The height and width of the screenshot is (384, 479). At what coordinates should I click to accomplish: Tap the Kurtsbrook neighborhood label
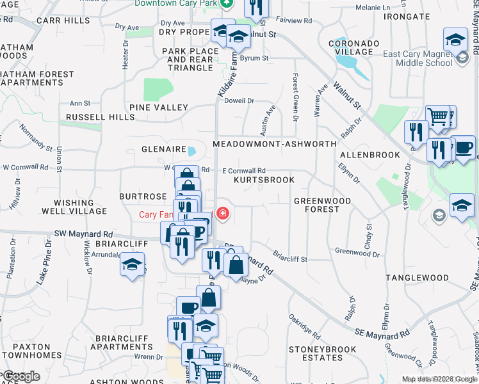pos(264,180)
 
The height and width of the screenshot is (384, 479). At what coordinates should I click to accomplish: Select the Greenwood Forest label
pos(322,205)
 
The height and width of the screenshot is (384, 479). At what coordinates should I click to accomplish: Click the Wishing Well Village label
pos(74,206)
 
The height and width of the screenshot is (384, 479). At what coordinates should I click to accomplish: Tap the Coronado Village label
pos(350,47)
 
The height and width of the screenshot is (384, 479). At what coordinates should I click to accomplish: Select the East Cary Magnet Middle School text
pos(418,59)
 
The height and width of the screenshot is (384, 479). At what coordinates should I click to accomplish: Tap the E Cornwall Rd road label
pos(243,171)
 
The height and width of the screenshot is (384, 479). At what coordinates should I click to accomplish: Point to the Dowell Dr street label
pos(239,100)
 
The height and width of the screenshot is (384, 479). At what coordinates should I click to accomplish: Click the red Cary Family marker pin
pos(223,213)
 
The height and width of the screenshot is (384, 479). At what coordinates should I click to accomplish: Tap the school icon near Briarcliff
pos(133,264)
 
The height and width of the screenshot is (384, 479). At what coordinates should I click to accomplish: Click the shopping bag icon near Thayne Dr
pos(236,263)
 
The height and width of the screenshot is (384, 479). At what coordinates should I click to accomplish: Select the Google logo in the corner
pos(21,376)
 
